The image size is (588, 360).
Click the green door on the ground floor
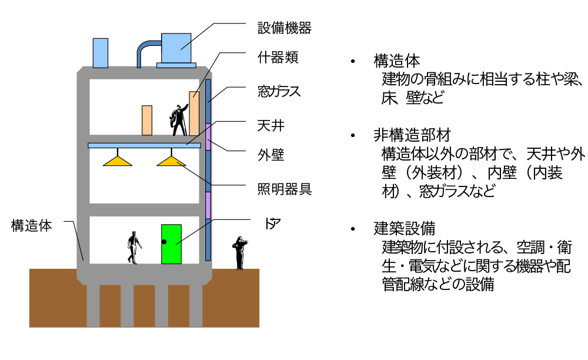tap(171, 244)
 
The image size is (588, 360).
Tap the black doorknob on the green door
tap(165, 242)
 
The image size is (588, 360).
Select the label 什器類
tap(278, 58)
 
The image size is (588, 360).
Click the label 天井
tap(270, 125)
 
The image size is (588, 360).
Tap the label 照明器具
tap(284, 189)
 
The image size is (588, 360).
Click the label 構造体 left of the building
tap(32, 225)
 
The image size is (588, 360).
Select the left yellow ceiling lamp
tap(118, 159)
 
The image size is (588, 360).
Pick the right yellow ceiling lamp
tap(172, 159)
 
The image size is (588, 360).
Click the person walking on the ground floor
tap(135, 247)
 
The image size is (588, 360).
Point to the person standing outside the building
tap(239, 252)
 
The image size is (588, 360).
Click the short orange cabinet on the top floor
tap(147, 120)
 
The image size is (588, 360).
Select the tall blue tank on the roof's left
tap(101, 53)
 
